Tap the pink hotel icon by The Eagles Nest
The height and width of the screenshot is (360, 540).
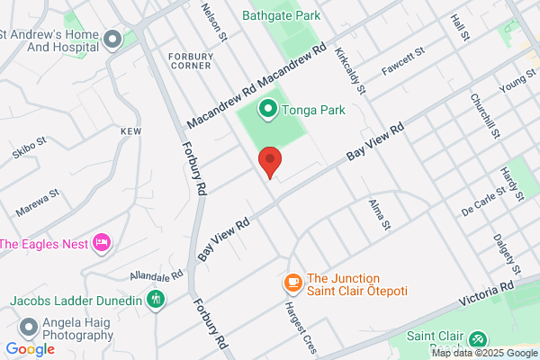pos(102,243)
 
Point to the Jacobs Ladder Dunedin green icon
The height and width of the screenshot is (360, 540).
pos(157,299)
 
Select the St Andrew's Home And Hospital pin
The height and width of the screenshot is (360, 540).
pos(112,39)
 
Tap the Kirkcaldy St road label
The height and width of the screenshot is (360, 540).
pos(351,72)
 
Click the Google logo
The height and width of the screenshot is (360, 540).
pos(30,348)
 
